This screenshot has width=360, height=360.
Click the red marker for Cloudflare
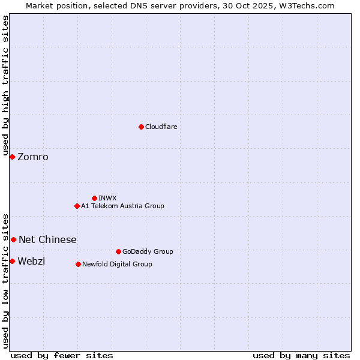click(141, 127)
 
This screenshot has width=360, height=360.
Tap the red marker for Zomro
click(12, 157)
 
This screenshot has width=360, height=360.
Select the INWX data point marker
click(94, 198)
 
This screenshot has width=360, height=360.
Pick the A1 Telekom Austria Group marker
click(77, 206)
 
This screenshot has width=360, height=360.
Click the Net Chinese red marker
click(13, 239)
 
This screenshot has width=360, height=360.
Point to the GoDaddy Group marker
click(118, 251)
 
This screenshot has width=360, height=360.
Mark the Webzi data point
click(12, 261)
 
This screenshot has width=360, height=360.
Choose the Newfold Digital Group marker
click(78, 264)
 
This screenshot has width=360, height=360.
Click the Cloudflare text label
click(161, 127)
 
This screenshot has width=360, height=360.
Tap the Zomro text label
click(33, 157)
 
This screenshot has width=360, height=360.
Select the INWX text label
click(107, 198)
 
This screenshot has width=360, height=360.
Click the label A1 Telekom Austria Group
click(122, 206)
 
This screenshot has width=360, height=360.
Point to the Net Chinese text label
click(47, 240)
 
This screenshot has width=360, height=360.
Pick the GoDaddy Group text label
click(148, 251)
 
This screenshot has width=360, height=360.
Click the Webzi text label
click(31, 262)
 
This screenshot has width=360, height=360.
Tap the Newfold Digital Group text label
click(117, 264)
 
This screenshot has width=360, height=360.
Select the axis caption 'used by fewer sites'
click(62, 355)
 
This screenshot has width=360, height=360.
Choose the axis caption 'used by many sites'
click(301, 355)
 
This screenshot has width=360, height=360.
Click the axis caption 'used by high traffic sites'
click(5, 85)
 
